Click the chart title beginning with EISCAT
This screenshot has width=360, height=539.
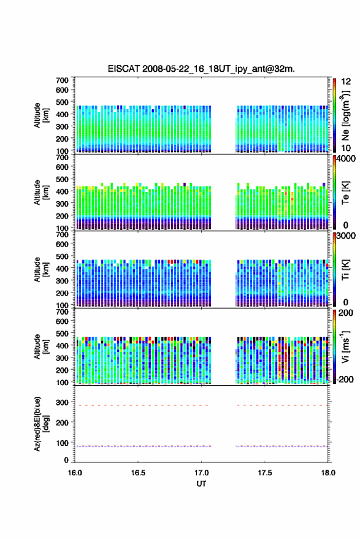[x=201, y=69]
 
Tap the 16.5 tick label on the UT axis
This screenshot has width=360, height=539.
[x=138, y=473]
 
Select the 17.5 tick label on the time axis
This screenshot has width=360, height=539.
[x=264, y=473]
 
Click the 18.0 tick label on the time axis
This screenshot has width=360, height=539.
[x=328, y=473]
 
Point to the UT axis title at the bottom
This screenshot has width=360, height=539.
[x=201, y=484]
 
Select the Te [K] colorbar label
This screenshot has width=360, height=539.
[x=345, y=193]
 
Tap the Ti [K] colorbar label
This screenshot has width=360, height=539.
[x=345, y=270]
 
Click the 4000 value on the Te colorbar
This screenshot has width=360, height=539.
[x=346, y=159]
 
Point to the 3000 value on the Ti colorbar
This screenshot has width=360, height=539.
[x=346, y=236]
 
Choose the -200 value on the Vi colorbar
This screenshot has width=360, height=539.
[x=344, y=379]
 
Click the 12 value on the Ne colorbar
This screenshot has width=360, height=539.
[x=346, y=82]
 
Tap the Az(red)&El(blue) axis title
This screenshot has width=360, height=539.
[x=41, y=424]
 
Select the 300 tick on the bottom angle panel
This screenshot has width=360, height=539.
[x=62, y=402]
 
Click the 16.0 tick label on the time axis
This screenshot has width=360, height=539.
[x=75, y=473]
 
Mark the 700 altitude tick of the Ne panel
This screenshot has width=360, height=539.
[x=62, y=80]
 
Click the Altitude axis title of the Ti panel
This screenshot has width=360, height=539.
[x=41, y=270]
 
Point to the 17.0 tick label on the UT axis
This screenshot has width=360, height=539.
[x=201, y=473]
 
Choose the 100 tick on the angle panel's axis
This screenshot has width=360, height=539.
[x=62, y=443]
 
